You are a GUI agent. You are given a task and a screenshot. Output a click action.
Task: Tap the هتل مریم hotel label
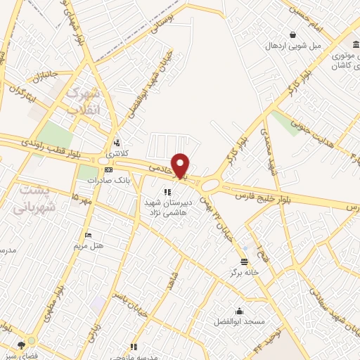(x=89, y=246)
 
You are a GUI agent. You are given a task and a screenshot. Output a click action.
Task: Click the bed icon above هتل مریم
(x=87, y=236)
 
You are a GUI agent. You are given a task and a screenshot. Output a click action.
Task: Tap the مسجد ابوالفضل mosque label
(x=239, y=322)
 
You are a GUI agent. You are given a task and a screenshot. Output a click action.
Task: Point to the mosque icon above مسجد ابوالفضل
(x=239, y=311)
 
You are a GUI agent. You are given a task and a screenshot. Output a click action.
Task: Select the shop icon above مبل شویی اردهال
(x=292, y=34)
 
